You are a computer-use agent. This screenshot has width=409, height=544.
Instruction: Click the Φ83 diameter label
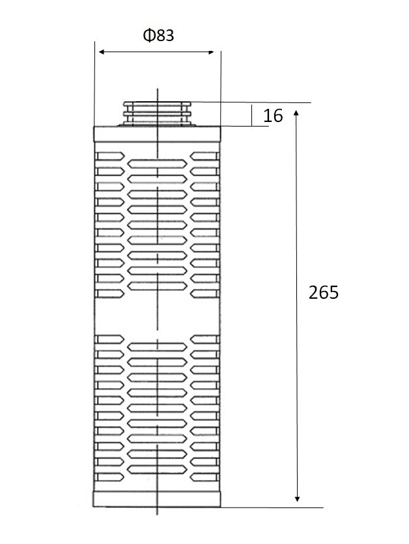(159, 35)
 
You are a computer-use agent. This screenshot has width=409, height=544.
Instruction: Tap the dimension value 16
(273, 115)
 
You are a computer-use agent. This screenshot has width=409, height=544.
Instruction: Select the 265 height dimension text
(324, 292)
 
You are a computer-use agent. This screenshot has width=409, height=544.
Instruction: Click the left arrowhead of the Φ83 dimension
(102, 52)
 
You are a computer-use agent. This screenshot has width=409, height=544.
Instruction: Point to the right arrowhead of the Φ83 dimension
(210, 52)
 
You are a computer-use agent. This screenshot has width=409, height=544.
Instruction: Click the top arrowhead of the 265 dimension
(296, 113)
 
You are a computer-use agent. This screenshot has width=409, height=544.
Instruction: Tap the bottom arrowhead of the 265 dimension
(297, 498)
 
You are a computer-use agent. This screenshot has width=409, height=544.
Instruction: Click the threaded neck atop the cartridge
(158, 114)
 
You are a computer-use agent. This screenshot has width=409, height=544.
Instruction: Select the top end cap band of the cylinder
(157, 134)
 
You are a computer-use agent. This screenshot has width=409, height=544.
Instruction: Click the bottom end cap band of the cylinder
(157, 499)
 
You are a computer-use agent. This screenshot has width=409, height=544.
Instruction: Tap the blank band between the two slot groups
(157, 316)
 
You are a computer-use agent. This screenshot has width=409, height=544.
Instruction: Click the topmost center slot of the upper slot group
(157, 164)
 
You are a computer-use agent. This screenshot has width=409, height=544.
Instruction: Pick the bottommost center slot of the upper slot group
(157, 286)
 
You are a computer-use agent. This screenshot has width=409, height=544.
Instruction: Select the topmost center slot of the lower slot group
(157, 347)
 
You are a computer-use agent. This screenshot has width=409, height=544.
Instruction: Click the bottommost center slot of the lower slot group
(157, 470)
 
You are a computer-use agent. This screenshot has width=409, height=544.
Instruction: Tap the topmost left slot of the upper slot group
(109, 156)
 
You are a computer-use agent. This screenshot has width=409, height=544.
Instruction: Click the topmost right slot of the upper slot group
(205, 156)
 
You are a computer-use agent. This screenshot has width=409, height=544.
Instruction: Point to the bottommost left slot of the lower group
(109, 477)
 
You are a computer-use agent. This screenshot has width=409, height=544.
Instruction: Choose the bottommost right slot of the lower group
(205, 477)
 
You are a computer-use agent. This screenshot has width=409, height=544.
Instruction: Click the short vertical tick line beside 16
(252, 115)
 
